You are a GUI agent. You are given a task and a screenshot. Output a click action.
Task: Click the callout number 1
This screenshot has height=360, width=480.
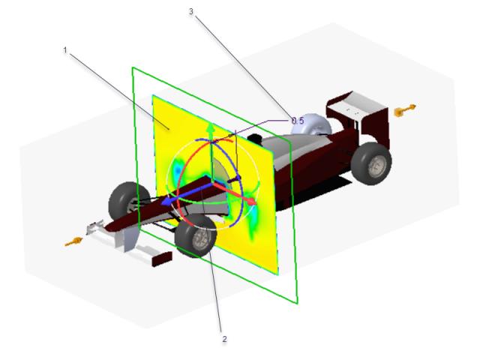point(65,49)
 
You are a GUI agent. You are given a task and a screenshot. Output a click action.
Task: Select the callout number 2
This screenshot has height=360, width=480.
point(225,339)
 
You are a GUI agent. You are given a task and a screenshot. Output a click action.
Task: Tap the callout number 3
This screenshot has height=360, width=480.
point(191,11)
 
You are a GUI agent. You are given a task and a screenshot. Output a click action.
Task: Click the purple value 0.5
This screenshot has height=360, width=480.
point(298,121)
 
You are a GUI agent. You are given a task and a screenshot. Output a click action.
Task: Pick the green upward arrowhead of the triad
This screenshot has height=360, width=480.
point(210,128)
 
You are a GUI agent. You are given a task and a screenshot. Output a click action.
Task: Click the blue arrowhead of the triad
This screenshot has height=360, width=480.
point(166,201)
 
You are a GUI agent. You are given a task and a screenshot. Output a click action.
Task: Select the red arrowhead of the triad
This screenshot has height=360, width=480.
point(252,202)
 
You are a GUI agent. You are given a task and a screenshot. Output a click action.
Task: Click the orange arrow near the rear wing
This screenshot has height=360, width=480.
point(405,110)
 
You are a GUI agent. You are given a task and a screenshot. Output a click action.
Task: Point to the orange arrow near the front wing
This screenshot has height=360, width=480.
point(73,241)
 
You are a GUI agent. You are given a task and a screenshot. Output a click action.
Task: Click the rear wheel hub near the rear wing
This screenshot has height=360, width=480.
point(376,166)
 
